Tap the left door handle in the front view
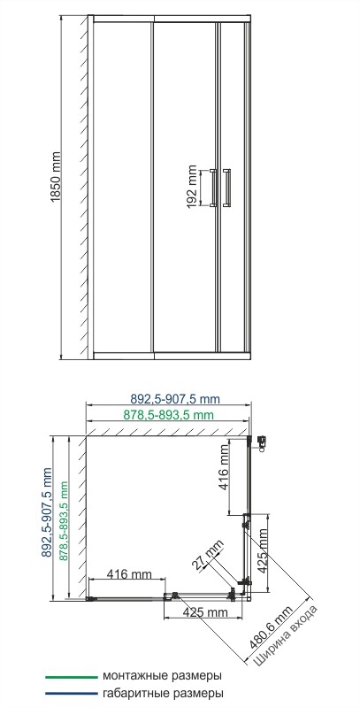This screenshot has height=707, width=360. coord(212,188)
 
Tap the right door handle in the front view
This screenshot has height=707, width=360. coord(229,188)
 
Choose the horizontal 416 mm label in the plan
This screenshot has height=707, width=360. coord(129,575)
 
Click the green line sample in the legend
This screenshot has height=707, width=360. coord(71,676)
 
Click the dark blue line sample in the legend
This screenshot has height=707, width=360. coord(71,695)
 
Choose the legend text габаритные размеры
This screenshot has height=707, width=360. coord(162,695)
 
